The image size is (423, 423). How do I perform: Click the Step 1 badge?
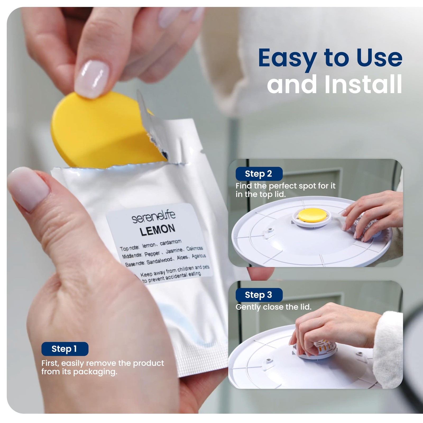pos(65,349)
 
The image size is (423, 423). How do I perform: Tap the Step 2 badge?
pos(259,174)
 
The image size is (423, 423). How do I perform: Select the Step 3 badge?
pos(259,295)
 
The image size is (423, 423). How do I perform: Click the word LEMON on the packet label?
pos(157,230)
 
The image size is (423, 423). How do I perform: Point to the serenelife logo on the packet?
pos(154,216)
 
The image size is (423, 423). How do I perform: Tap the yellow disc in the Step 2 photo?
pos(312,215)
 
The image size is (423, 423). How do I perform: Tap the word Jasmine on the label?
pos(174,250)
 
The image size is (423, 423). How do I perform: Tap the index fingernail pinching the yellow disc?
pos(92,79)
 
